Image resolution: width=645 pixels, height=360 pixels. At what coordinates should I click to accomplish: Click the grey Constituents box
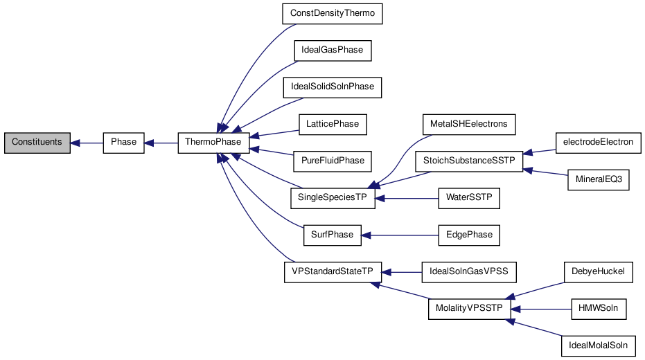tap(37, 143)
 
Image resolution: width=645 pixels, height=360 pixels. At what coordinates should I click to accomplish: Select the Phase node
tap(124, 143)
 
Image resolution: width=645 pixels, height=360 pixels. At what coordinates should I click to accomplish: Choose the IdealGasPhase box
tap(333, 51)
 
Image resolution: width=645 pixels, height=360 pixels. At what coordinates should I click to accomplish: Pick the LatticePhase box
tap(333, 124)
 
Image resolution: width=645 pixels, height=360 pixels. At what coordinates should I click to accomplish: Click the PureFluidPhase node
tap(333, 161)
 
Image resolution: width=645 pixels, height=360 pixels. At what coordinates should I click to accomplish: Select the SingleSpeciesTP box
tap(333, 197)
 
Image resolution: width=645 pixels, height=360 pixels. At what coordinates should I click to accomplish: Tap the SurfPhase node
tap(333, 235)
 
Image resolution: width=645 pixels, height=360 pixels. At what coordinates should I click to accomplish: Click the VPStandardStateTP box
tap(333, 271)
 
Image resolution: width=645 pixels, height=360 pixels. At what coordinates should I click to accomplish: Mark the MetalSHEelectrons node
tap(469, 124)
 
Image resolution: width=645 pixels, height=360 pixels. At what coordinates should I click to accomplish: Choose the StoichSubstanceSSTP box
tap(469, 161)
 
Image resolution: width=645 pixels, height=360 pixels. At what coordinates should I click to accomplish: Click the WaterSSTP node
tap(469, 197)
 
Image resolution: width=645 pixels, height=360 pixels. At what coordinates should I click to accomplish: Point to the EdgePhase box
tap(469, 235)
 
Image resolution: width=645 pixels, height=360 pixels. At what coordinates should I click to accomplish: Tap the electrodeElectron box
tap(599, 143)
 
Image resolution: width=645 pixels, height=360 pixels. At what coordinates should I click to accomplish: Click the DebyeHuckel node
tap(599, 271)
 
